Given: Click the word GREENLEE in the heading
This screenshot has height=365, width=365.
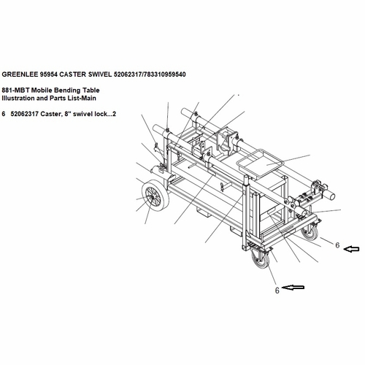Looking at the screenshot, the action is click(20, 74).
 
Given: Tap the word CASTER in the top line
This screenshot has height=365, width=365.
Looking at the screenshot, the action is click(73, 74).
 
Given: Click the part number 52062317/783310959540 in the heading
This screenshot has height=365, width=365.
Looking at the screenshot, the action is click(150, 74).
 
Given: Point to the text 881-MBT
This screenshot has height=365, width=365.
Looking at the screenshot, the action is click(16, 91).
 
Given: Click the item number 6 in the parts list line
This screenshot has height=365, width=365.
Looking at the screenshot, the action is click(4, 114).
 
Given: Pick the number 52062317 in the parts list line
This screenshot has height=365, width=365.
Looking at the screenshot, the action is click(25, 114).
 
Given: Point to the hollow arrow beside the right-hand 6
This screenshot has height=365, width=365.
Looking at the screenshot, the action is click(351, 249).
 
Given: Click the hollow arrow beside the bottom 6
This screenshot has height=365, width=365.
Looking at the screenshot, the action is click(293, 288).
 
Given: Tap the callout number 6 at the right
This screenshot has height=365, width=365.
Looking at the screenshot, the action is click(337, 245).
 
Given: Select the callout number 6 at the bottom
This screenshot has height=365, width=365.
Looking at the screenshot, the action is click(277, 291).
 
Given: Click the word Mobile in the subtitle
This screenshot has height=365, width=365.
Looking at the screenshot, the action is click(42, 91).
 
